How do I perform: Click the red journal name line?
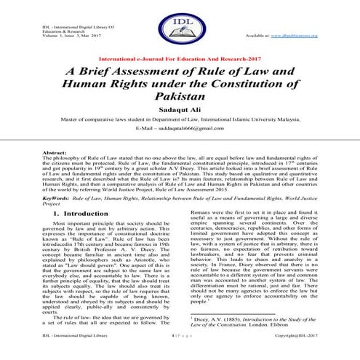(x=180, y=57)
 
